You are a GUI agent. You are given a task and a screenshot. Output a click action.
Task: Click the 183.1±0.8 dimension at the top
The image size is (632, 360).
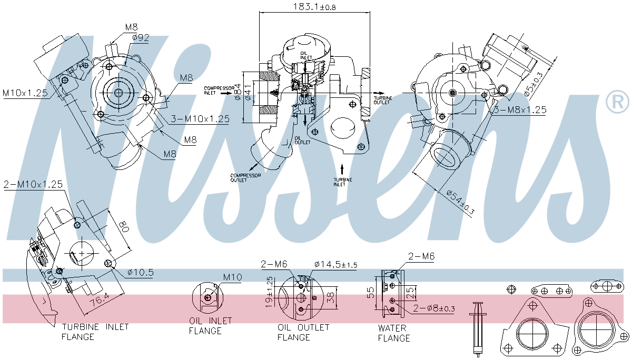[314, 7]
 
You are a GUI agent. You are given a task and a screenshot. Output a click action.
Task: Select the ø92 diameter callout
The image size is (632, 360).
[141, 37]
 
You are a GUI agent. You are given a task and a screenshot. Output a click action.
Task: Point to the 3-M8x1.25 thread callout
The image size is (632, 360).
[519, 110]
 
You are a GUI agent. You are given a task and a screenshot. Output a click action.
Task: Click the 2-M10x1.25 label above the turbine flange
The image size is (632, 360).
[33, 185]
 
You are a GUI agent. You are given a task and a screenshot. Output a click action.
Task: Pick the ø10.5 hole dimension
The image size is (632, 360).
[140, 272]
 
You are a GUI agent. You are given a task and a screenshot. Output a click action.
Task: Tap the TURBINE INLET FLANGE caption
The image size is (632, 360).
[95, 332]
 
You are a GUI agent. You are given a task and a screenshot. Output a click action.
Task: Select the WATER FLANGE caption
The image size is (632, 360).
[393, 333]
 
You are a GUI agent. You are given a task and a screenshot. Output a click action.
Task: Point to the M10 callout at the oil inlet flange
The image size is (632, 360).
[232, 277]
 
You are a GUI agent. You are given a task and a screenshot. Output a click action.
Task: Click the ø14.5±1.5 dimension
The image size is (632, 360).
[335, 264]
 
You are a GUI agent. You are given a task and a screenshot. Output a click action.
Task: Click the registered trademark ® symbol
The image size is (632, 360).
[617, 102]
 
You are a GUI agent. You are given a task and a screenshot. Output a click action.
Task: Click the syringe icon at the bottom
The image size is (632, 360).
[478, 327]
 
